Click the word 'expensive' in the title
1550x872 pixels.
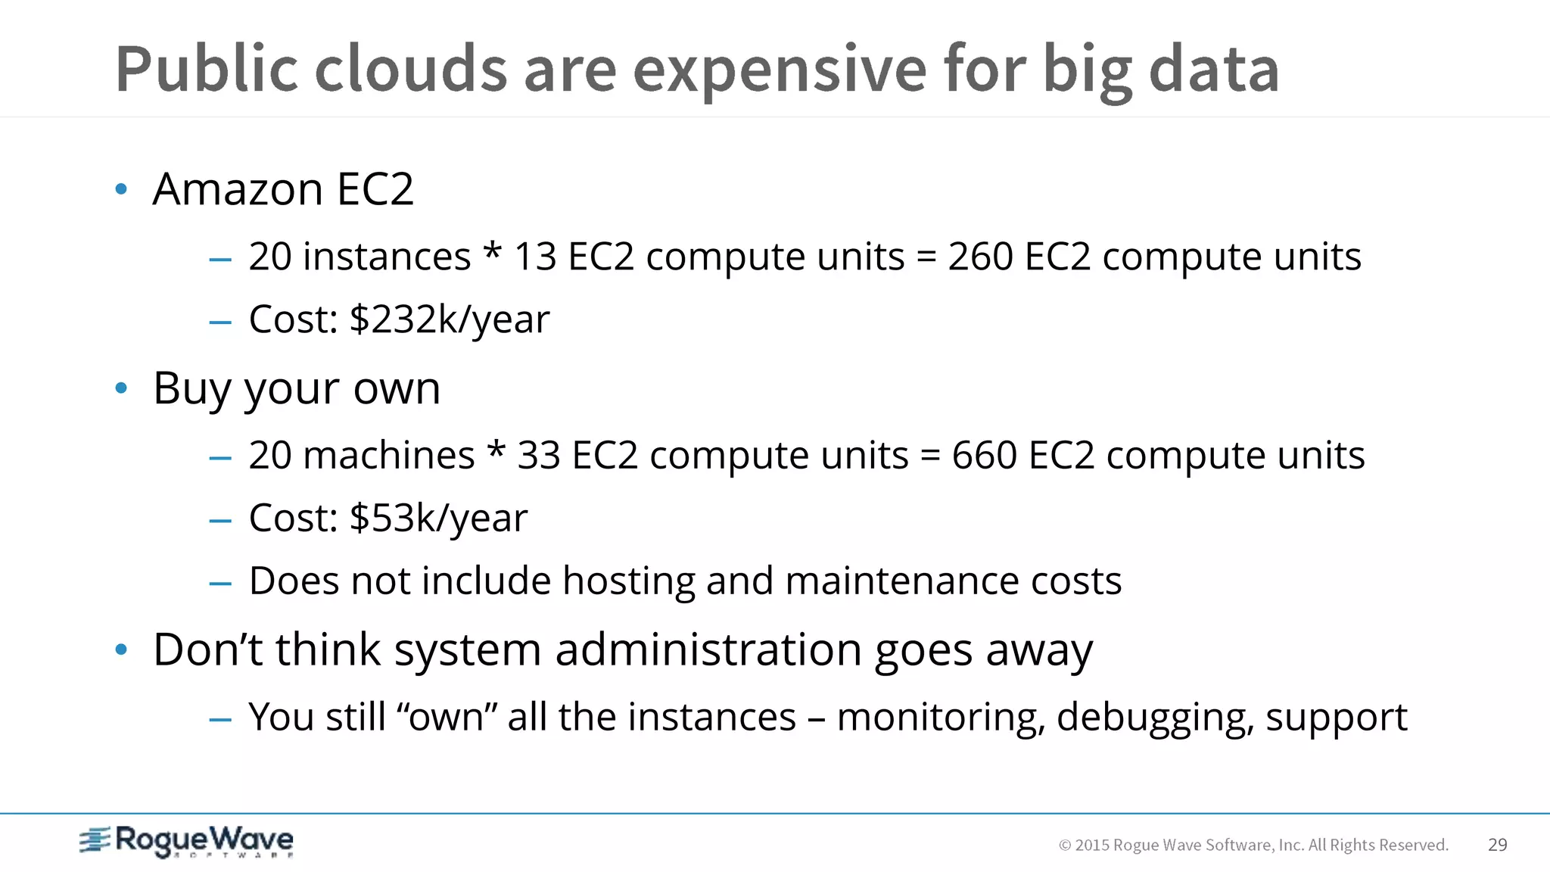779,70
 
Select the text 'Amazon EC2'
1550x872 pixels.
283,188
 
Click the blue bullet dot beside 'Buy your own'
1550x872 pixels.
121,389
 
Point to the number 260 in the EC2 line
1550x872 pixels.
980,257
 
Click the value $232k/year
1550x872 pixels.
450,319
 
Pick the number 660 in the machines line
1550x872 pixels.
984,456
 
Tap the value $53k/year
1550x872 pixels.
438,519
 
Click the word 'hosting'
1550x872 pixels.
628,581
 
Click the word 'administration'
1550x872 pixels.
708,649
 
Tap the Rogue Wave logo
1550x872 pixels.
186,841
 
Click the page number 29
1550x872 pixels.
1497,845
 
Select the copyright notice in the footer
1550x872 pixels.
1253,845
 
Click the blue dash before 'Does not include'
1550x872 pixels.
220,584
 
